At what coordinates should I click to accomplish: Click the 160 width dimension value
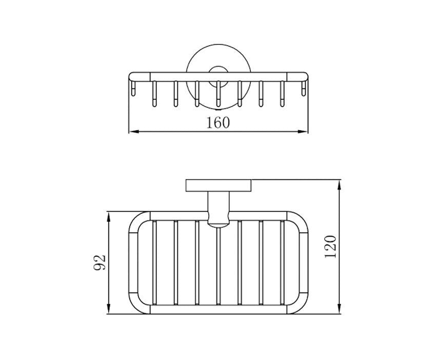tap(219, 123)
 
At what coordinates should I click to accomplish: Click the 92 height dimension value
tap(100, 262)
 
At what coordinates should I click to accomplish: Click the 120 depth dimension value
tap(331, 247)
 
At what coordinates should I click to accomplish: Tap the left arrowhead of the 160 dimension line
tap(134, 131)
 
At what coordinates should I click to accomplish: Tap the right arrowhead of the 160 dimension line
tap(303, 131)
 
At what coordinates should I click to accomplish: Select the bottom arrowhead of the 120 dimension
tap(339, 309)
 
